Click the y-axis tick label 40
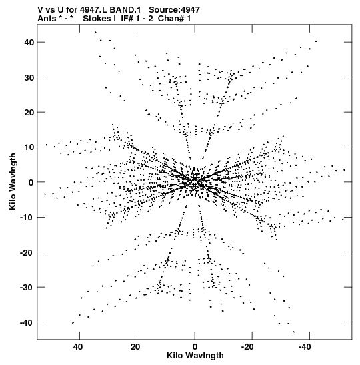(29, 42)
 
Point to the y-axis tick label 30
(29, 77)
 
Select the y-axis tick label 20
(29, 112)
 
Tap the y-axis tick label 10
(29, 147)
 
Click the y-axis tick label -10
(27, 218)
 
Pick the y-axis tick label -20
(27, 252)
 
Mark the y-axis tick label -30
(27, 288)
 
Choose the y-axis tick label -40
(27, 323)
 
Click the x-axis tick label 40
(78, 347)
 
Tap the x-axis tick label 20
(135, 347)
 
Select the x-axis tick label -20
(247, 347)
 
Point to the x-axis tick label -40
(305, 347)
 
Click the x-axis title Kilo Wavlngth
(195, 356)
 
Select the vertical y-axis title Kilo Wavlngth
(13, 181)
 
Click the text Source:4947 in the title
(174, 10)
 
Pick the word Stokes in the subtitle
(97, 19)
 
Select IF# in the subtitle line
(127, 19)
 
